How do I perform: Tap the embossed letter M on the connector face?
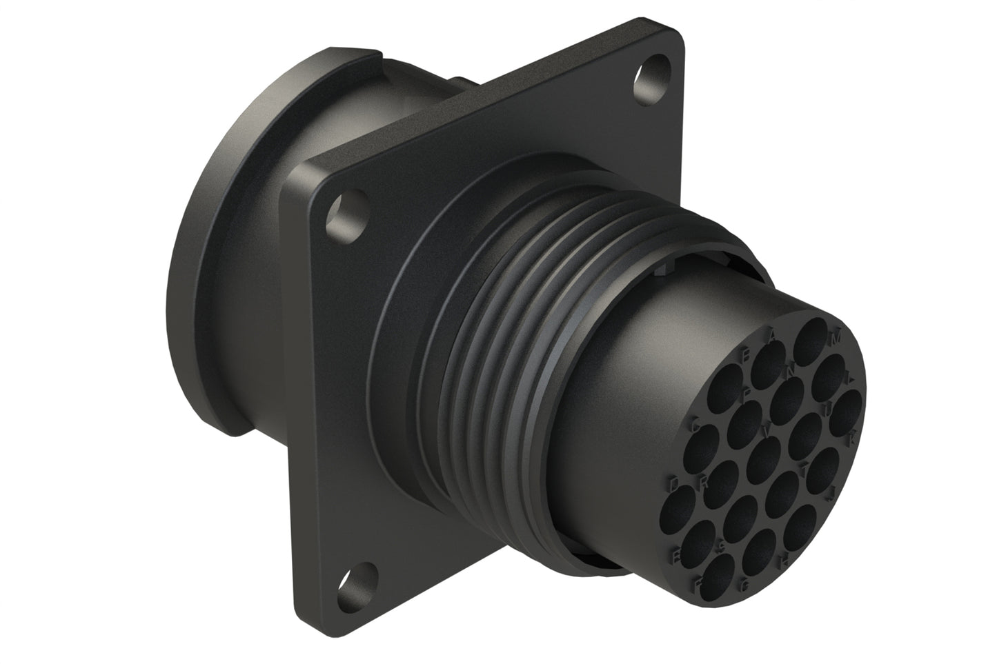[x=836, y=339]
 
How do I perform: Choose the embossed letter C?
[x=697, y=425]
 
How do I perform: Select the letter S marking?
[x=720, y=547]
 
